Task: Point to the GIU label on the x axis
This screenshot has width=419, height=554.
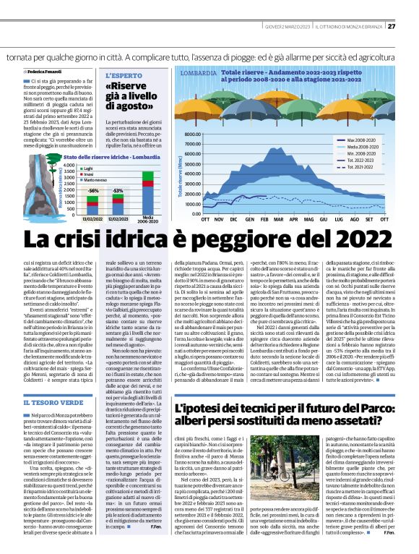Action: coord(323,218)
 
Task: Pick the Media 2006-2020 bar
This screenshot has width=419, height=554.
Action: coord(148,191)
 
